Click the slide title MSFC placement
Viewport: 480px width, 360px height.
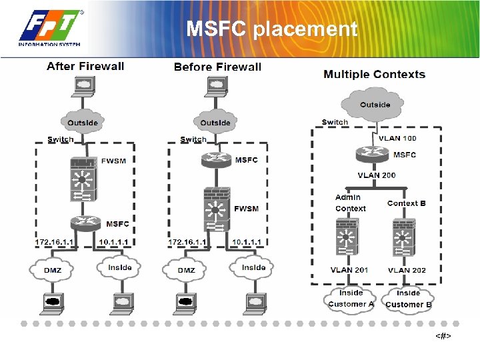[x=271, y=29]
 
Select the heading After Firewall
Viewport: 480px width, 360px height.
[x=85, y=66]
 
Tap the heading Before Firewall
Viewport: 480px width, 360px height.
[x=217, y=67]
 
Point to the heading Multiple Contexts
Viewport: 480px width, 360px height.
[x=374, y=74]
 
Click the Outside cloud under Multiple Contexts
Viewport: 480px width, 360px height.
[x=375, y=105]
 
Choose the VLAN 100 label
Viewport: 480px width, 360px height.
[x=397, y=138]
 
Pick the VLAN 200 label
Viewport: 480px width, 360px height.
[x=376, y=175]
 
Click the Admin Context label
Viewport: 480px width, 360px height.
[x=350, y=203]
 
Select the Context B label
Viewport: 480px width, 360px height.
[x=406, y=203]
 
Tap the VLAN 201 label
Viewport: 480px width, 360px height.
[x=349, y=270]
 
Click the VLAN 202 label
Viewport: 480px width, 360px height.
[x=407, y=270]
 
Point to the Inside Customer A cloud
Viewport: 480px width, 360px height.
[x=351, y=298]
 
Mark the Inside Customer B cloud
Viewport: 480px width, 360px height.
[x=408, y=298]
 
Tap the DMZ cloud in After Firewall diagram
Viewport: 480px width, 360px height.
[x=53, y=270]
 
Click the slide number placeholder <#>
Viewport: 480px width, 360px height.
[x=443, y=336]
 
